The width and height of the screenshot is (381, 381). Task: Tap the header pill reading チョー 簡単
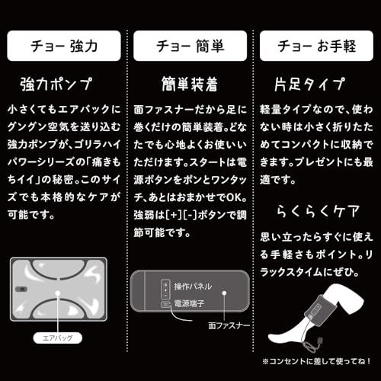click(x=190, y=46)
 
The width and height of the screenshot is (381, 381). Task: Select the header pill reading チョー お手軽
click(x=316, y=46)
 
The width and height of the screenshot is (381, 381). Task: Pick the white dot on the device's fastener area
click(x=223, y=292)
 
